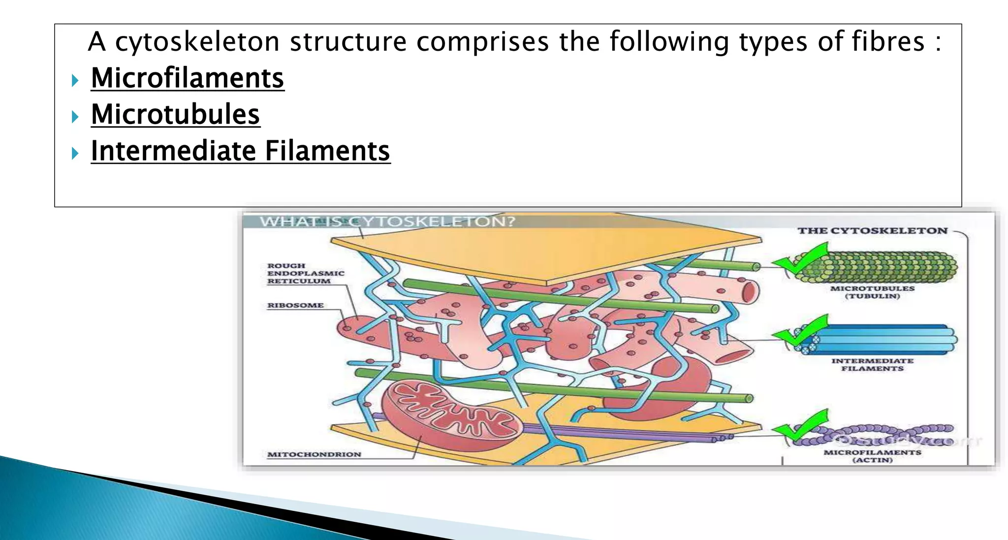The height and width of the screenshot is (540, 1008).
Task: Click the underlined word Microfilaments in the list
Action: pos(188,78)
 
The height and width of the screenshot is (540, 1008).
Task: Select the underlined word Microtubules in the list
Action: pos(175,115)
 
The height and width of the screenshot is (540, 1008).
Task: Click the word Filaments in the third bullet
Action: pos(327,151)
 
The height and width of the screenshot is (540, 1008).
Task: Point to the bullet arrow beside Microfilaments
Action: pos(75,80)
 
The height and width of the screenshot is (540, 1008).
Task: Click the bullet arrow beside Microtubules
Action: pos(75,116)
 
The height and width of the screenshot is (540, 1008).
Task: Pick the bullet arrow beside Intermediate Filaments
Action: pos(75,153)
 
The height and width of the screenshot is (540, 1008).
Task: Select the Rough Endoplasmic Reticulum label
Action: pos(306,273)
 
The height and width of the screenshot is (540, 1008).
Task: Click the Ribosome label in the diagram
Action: pos(295,305)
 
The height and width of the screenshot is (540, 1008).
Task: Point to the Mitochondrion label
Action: pos(314,454)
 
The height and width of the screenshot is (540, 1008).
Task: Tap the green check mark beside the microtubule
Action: pos(799,259)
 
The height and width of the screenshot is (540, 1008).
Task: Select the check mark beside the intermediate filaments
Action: pos(799,331)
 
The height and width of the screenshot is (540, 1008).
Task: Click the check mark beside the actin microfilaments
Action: pos(799,426)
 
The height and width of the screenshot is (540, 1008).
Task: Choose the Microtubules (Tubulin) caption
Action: pos(872,292)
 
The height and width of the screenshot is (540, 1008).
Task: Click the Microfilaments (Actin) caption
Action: pos(872,456)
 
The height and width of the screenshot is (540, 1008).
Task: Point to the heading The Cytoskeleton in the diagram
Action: pos(872,231)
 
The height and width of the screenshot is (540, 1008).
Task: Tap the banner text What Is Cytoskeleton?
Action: pos(387,222)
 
